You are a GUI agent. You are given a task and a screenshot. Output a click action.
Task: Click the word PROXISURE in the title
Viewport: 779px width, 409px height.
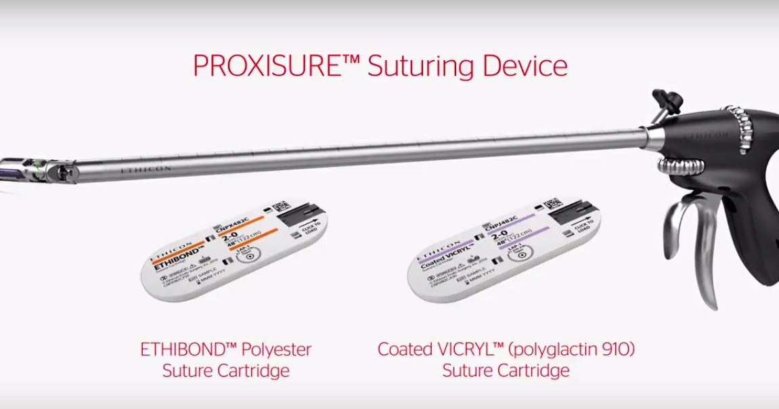coord(271,66)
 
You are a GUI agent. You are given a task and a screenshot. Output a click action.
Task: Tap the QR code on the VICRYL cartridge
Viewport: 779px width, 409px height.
coord(552,202)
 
